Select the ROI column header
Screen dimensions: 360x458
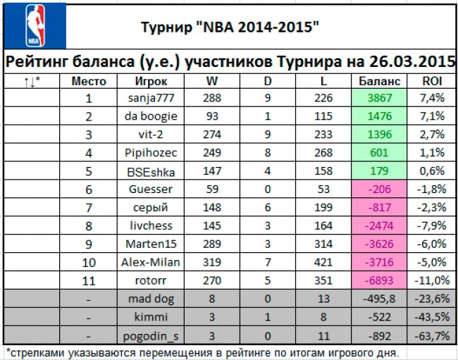point(431,80)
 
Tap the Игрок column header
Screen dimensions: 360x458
point(151,80)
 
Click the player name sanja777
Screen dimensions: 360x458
point(151,98)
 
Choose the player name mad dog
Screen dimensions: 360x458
point(151,299)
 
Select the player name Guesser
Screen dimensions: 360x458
point(151,190)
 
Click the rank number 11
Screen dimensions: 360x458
point(89,280)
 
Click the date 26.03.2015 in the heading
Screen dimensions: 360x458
point(411,61)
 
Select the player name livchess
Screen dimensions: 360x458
point(151,225)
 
